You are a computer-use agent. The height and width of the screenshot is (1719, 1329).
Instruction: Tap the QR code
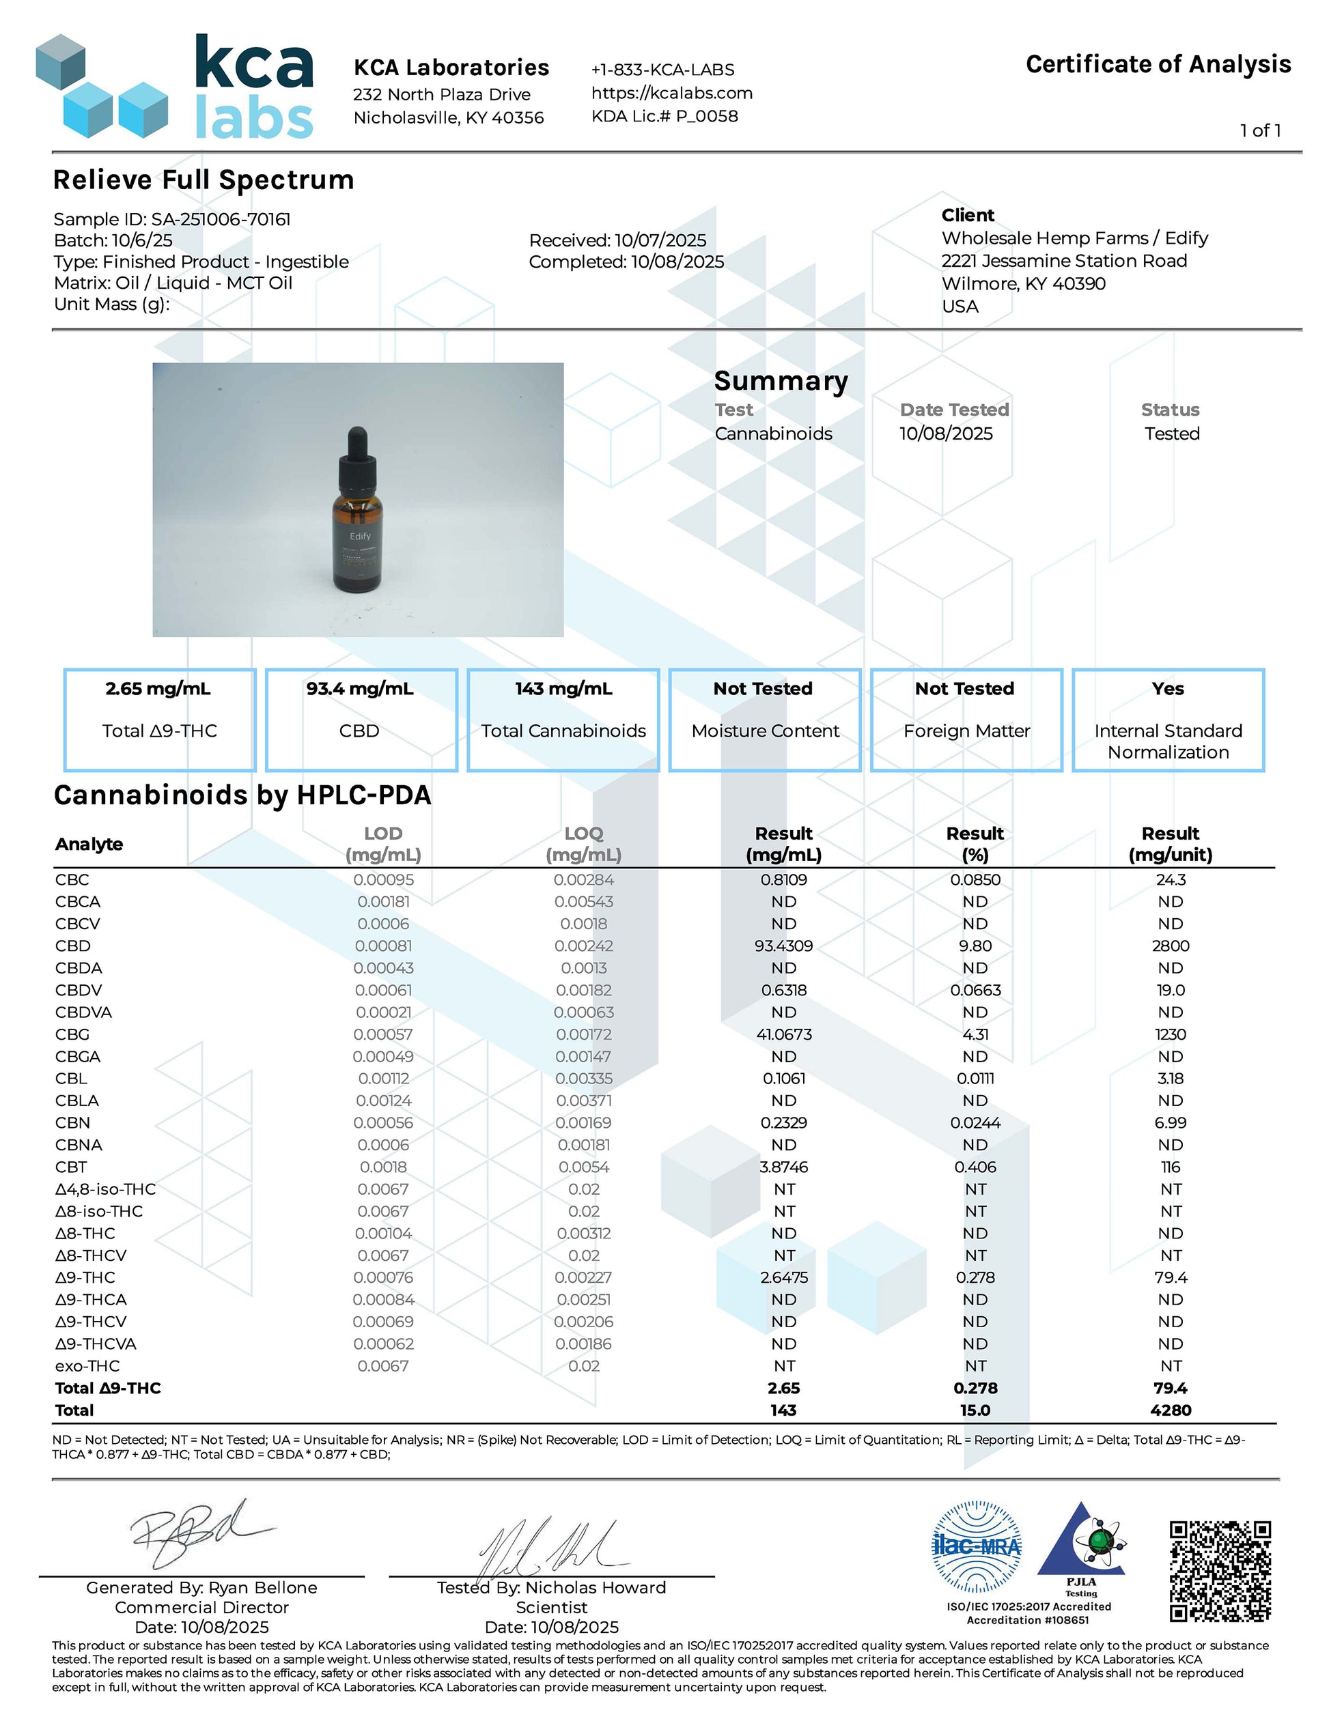click(1220, 1571)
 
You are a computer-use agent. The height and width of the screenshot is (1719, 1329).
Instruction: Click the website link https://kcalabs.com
click(671, 93)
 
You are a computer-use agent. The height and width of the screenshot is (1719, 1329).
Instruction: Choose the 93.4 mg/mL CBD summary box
click(361, 719)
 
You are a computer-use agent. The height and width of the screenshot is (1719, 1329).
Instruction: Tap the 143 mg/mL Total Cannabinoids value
click(563, 689)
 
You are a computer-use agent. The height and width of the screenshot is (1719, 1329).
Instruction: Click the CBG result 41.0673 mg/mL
click(783, 1034)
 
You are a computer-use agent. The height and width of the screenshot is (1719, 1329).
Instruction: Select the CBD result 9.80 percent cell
click(975, 946)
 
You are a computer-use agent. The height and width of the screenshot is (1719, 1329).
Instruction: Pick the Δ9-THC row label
click(85, 1277)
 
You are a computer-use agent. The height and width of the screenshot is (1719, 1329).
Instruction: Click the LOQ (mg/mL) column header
click(583, 844)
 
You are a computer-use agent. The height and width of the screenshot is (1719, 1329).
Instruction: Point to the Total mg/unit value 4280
click(1170, 1410)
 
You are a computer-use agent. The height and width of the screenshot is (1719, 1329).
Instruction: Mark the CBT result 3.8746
click(783, 1167)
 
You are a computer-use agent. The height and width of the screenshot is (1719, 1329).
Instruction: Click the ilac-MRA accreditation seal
click(977, 1547)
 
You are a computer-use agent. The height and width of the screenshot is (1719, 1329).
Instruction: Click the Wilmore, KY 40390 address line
click(1023, 283)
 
